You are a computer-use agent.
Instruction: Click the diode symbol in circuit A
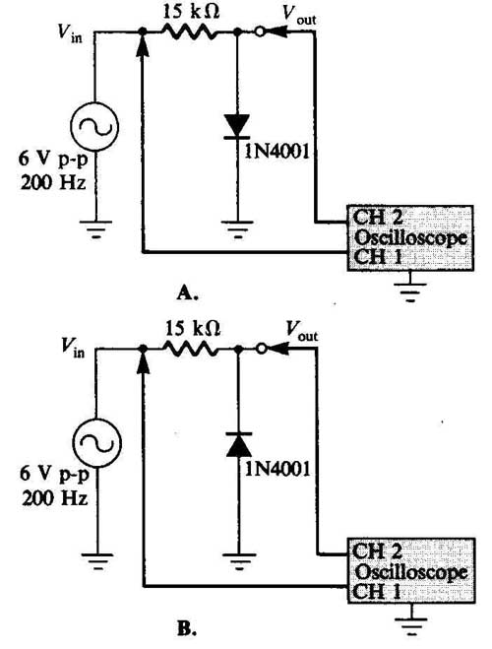(x=237, y=126)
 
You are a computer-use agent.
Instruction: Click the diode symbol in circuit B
(x=238, y=444)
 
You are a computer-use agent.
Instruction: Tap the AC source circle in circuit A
(x=94, y=126)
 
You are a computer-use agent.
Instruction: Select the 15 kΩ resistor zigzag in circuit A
(x=190, y=32)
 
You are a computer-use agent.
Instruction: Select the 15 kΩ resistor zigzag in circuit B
(x=192, y=349)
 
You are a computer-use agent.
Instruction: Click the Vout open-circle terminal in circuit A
(x=260, y=32)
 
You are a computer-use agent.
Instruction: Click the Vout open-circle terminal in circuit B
(x=261, y=349)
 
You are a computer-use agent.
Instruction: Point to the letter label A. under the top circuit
(x=187, y=293)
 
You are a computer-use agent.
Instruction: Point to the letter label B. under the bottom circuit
(x=187, y=629)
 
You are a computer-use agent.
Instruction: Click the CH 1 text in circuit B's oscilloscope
(x=378, y=592)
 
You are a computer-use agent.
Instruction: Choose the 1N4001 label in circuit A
(x=277, y=152)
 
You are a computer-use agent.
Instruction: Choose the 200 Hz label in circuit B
(x=54, y=498)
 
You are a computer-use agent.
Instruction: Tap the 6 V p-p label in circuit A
(x=53, y=160)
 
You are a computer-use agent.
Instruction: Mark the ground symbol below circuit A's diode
(x=237, y=229)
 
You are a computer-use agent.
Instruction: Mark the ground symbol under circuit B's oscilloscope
(x=411, y=625)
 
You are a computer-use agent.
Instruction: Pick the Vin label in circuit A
(x=70, y=32)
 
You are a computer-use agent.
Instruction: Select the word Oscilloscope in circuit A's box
(x=410, y=238)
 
